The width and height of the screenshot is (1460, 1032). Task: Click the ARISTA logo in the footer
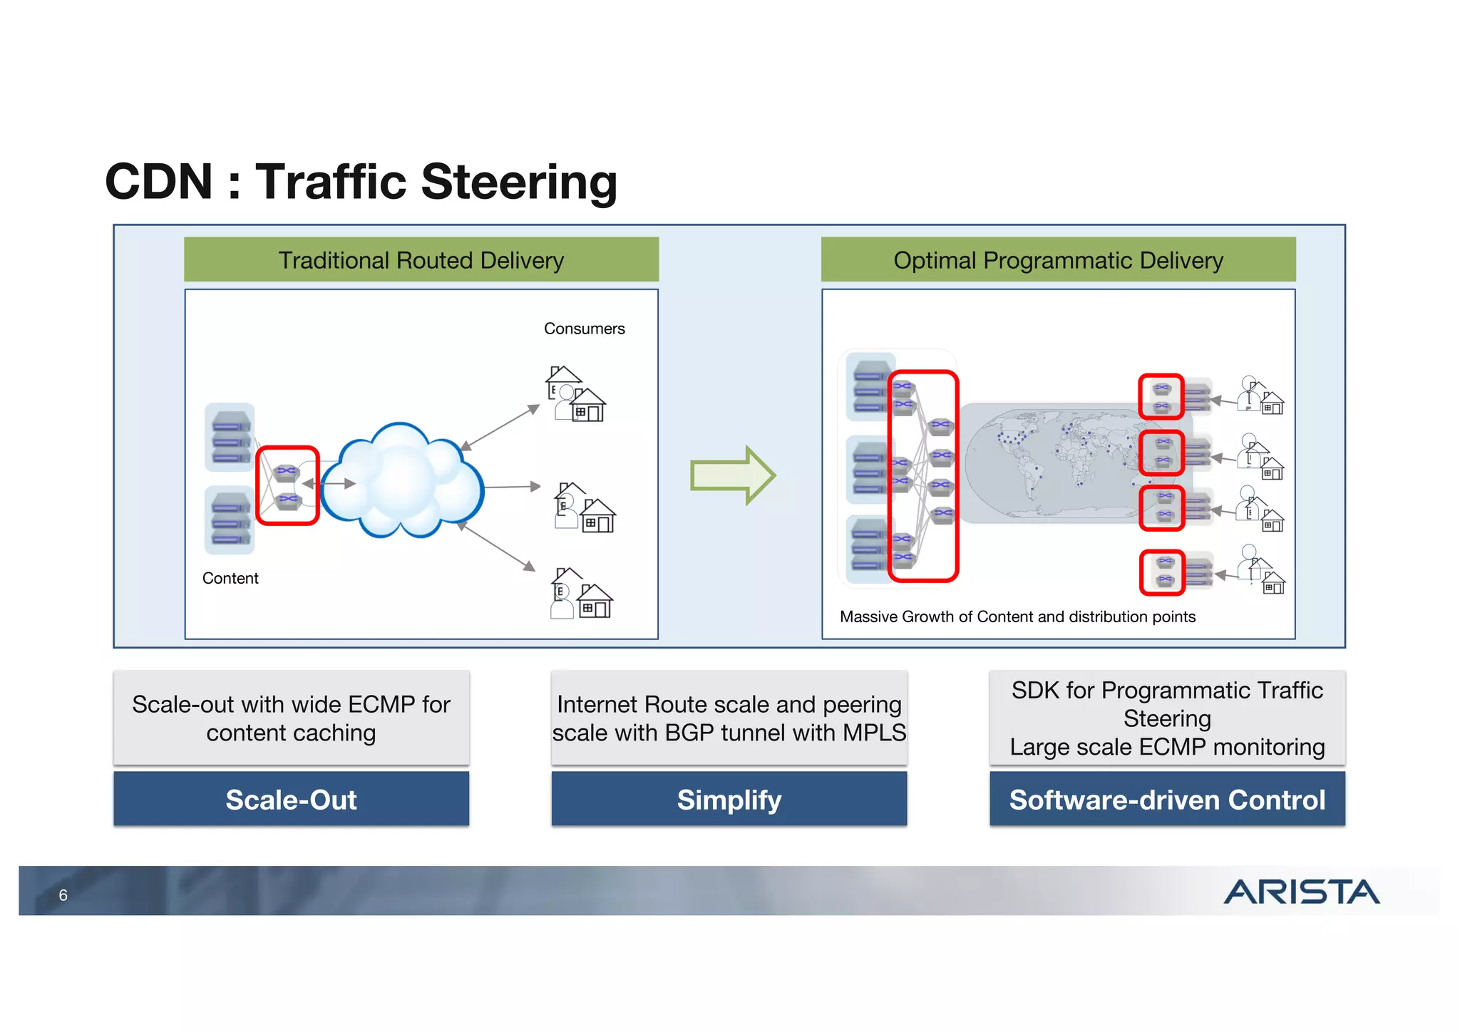pyautogui.click(x=1301, y=892)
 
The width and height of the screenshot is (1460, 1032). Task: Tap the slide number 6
pyautogui.click(x=63, y=895)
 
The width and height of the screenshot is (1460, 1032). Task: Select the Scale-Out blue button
pyautogui.click(x=291, y=799)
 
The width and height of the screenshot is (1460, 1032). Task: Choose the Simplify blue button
pyautogui.click(x=729, y=799)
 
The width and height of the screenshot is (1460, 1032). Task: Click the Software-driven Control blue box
pyautogui.click(x=1167, y=799)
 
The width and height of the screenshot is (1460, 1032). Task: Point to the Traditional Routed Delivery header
pyautogui.click(x=421, y=260)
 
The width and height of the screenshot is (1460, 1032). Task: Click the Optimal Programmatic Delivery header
pyautogui.click(x=1058, y=260)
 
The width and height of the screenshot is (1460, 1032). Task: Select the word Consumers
pyautogui.click(x=584, y=329)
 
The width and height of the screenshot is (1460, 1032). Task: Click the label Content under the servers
pyautogui.click(x=230, y=578)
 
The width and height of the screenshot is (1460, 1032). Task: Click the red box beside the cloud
pyautogui.click(x=287, y=485)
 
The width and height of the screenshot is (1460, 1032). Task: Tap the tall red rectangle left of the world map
pyautogui.click(x=922, y=475)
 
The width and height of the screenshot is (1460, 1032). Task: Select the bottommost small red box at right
pyautogui.click(x=1162, y=572)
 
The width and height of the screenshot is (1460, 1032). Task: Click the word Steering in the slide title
pyautogui.click(x=519, y=182)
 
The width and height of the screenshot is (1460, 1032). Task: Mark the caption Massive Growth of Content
pyautogui.click(x=1017, y=616)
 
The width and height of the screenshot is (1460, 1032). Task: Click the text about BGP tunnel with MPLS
pyautogui.click(x=729, y=718)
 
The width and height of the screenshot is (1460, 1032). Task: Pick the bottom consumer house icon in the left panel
pyautogui.click(x=582, y=594)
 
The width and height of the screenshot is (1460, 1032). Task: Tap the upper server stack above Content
pyautogui.click(x=230, y=437)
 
